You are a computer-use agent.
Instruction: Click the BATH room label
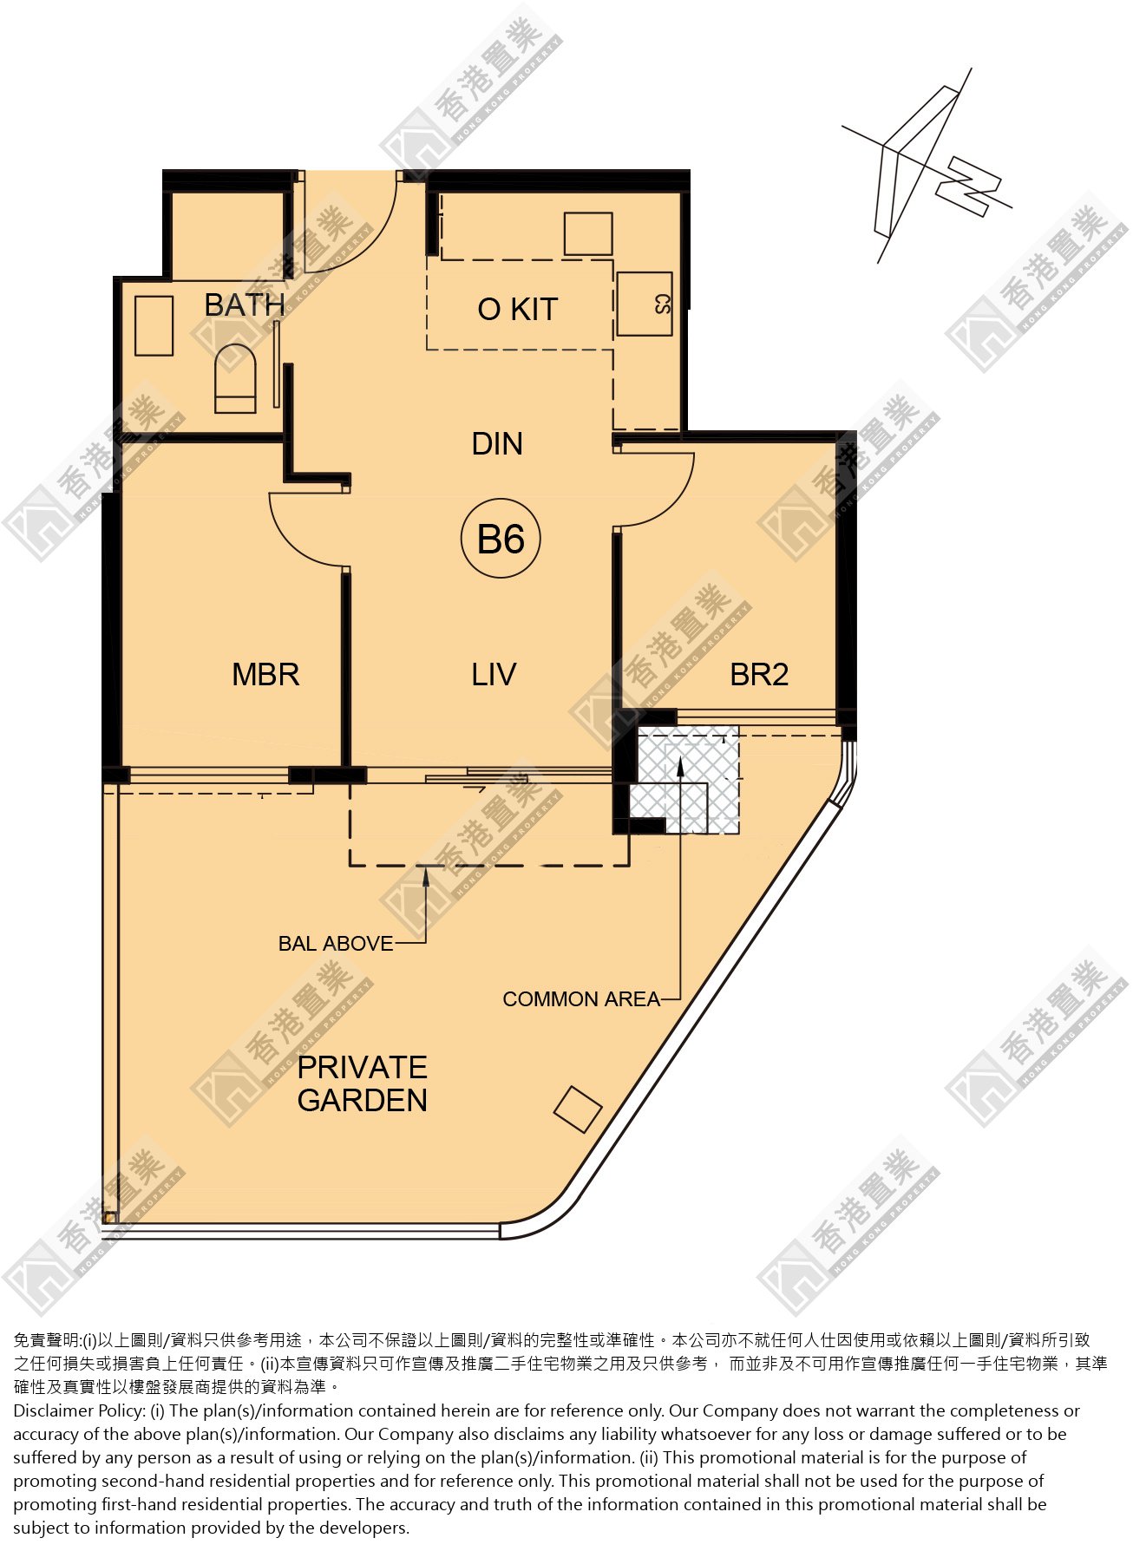coord(245,305)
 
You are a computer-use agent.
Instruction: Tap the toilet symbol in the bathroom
coord(235,378)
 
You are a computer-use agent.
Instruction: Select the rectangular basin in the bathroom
coord(154,325)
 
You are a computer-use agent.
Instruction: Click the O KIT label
coord(517,309)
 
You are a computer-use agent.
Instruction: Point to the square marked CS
coord(644,304)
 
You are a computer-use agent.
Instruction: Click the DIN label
coord(497,444)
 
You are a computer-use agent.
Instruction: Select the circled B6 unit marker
coord(501,540)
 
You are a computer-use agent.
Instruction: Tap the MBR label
coord(265,675)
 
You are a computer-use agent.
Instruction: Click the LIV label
coord(494,675)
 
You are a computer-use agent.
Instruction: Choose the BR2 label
coord(759,675)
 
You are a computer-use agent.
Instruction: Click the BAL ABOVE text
coord(336,944)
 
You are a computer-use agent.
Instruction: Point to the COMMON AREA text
coord(581,999)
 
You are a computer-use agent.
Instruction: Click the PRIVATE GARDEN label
coord(363,1083)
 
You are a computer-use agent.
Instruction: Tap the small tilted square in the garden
coord(578,1109)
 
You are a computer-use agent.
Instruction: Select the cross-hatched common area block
coord(685,780)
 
